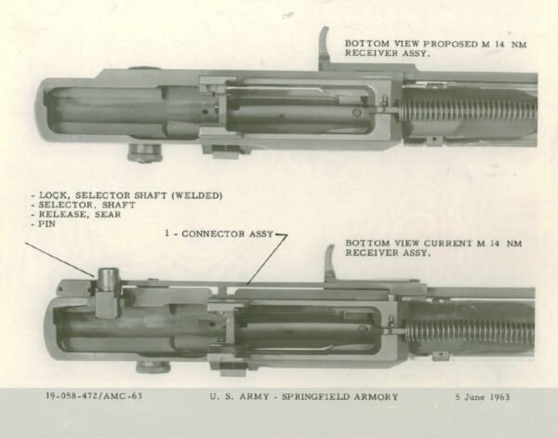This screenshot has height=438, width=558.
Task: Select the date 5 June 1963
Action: (481, 397)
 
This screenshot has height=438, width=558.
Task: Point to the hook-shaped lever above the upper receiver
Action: (325, 46)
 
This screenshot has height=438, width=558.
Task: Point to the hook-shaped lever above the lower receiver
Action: (330, 261)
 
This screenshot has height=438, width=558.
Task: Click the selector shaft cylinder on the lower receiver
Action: (107, 278)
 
